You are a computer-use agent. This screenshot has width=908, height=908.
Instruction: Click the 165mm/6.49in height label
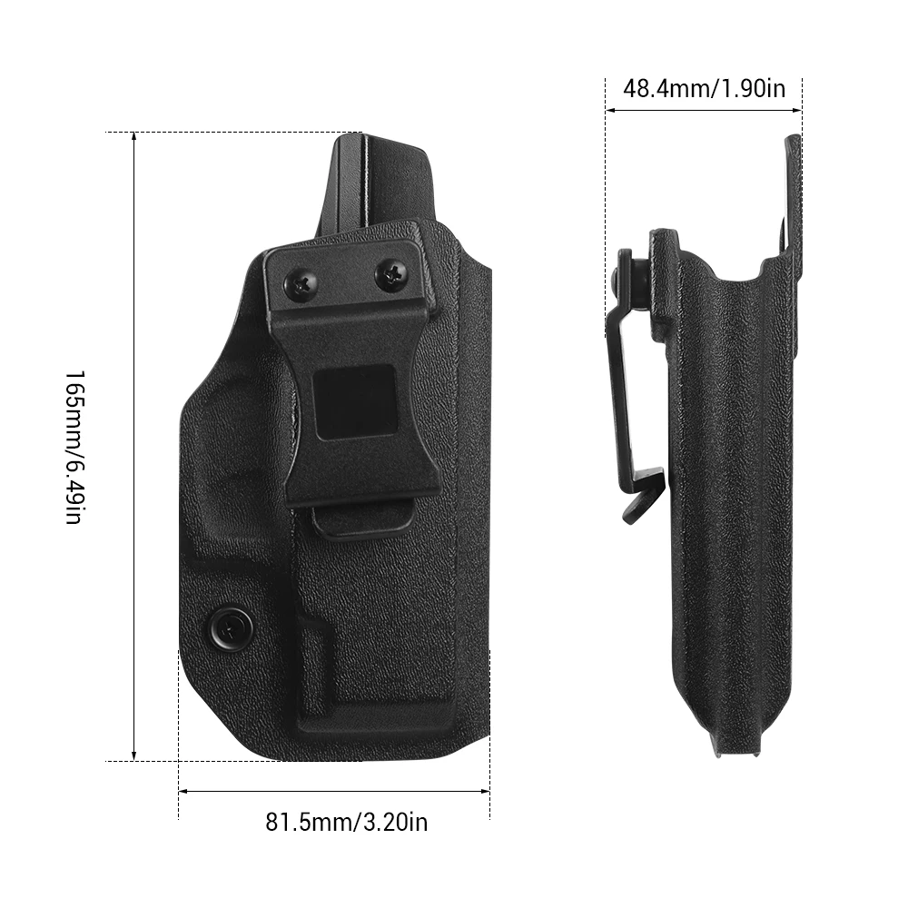(74, 447)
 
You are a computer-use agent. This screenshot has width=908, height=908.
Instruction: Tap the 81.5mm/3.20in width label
(346, 822)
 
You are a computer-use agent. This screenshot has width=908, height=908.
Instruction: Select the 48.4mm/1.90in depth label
(705, 89)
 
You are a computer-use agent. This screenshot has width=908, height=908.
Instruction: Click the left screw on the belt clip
(301, 283)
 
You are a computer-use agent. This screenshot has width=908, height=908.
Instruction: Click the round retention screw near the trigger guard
(231, 627)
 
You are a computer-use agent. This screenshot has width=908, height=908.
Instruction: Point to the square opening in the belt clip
(354, 402)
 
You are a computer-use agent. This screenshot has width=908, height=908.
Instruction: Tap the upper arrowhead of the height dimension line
(133, 137)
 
